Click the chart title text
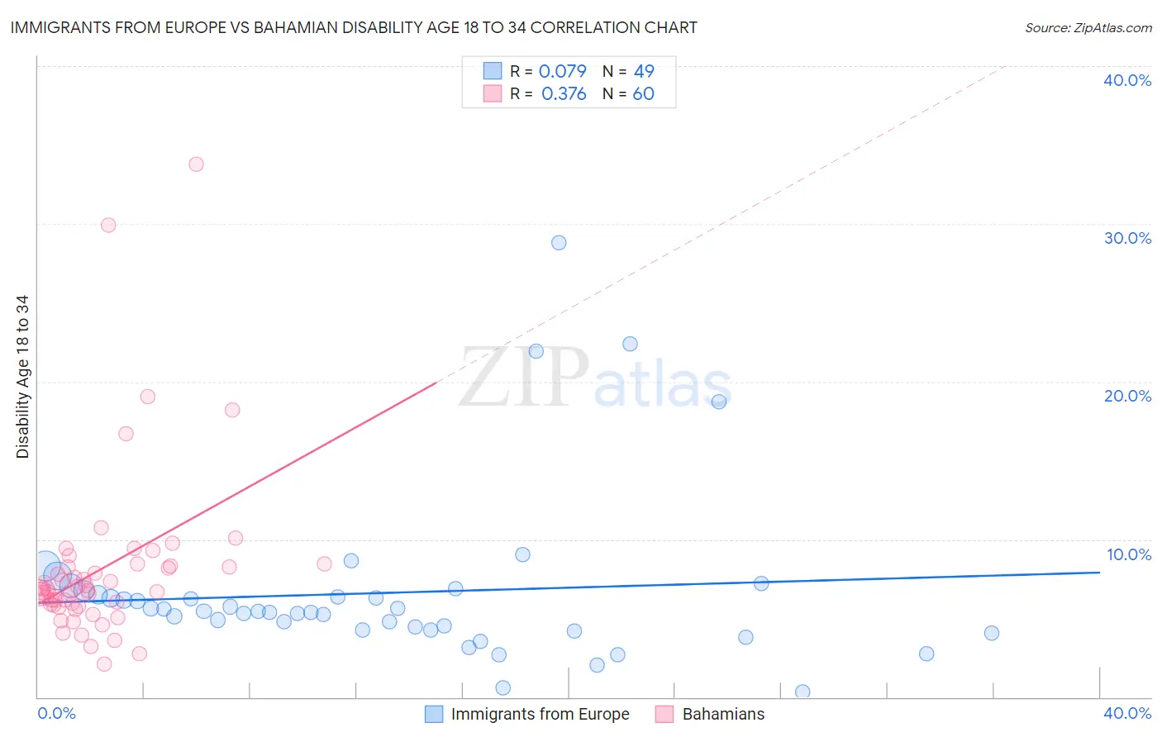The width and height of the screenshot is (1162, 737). coord(354,27)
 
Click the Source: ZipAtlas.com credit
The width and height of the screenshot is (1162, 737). coord(1088,27)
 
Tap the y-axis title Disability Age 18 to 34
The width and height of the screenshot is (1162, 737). coord(22,377)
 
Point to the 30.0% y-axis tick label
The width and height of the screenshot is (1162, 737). coord(1127,238)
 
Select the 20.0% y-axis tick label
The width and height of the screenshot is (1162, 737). coord(1127,396)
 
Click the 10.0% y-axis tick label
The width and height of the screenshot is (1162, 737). coord(1128,554)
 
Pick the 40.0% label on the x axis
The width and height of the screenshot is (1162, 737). coord(1127,713)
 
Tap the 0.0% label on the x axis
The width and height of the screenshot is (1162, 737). coord(56,713)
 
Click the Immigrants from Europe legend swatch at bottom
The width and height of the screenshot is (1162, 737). coord(434,714)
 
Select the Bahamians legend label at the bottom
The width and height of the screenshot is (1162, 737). coord(723,714)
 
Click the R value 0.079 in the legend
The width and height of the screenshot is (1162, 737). coord(562,71)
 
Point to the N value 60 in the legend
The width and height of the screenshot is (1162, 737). coord(643,93)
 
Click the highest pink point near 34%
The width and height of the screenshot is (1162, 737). coord(196,164)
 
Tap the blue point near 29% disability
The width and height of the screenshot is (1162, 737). coord(559,243)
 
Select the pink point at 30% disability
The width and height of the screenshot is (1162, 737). coord(108,225)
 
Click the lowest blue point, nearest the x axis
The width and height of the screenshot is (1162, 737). coord(802,692)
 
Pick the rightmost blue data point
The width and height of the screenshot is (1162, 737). coord(992,633)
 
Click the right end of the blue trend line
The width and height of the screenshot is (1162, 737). coord(1099,572)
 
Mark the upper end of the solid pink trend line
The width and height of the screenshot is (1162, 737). coord(436,383)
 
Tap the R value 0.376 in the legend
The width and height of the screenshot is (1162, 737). coord(564,93)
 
